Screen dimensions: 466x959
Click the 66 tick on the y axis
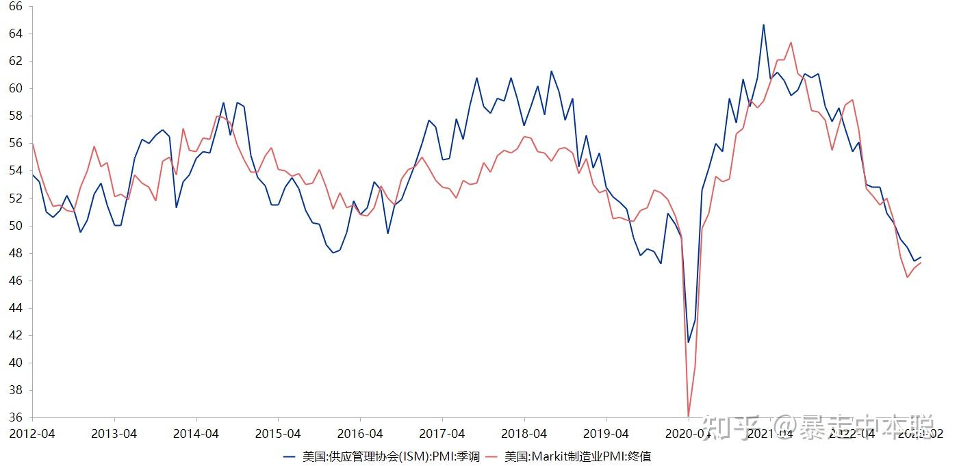pos(15,6)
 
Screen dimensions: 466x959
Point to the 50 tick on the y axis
pos(15,226)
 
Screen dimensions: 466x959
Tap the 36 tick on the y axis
pos(15,417)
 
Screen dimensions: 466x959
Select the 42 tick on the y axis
pos(15,335)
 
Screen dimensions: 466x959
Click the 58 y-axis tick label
pos(15,116)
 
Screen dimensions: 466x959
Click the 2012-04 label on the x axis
pos(32,433)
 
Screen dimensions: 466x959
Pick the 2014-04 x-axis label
pos(196,433)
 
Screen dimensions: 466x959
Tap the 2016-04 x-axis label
pos(360,433)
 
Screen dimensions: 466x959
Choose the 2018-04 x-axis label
pos(524,433)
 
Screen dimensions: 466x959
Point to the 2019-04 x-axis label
pos(606,433)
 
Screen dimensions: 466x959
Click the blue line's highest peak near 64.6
pos(763,25)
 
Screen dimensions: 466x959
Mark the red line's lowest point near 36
pos(688,415)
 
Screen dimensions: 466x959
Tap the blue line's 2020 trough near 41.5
pos(688,342)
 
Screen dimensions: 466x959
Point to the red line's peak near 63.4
pos(791,42)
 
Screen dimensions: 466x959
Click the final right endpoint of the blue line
pos(921,257)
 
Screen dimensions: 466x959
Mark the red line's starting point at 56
pos(32,143)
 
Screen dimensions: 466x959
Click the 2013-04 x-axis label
pos(114,433)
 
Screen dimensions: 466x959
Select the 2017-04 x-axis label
pos(442,433)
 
